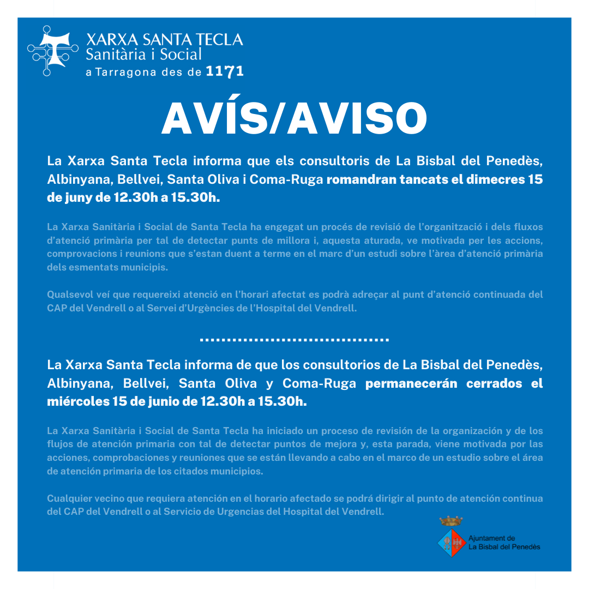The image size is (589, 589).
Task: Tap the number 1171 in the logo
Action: point(225,72)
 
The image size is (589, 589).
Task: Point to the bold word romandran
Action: point(359,179)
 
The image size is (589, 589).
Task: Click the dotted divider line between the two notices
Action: point(294,340)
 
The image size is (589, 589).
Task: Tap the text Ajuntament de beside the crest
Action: point(491,538)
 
